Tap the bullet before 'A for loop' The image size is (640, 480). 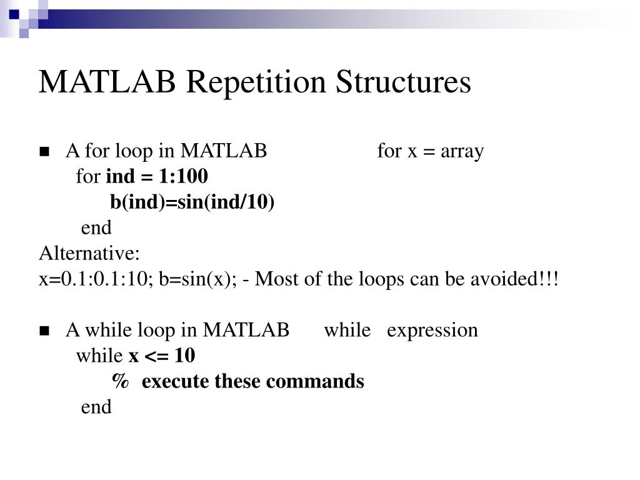click(44, 152)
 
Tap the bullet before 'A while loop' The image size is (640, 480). click(44, 331)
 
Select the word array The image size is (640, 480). click(462, 152)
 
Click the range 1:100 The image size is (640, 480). click(183, 177)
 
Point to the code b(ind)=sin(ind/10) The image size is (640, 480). click(192, 202)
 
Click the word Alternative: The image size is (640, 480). click(90, 254)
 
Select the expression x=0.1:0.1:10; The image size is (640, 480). click(96, 279)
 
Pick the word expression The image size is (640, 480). click(432, 330)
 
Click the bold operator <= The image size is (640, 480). click(157, 356)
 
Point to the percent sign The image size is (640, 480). click(121, 381)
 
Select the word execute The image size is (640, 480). click(176, 381)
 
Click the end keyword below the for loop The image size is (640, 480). click(96, 227)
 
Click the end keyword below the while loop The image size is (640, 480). click(96, 407)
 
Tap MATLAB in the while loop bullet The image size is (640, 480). click(246, 330)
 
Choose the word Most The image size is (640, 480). click(276, 279)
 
